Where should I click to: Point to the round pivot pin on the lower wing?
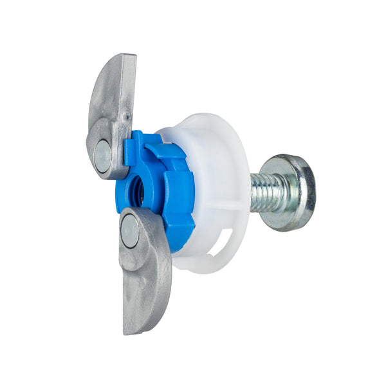(129, 230)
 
